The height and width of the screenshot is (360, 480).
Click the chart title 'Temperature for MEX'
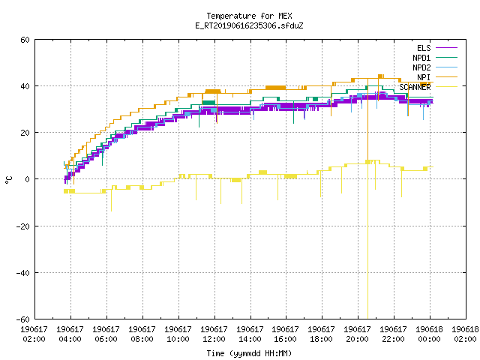pyautogui.click(x=249, y=16)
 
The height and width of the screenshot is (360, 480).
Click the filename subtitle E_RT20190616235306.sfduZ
pyautogui.click(x=249, y=25)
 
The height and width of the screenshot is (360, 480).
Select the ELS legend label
pyautogui.click(x=424, y=48)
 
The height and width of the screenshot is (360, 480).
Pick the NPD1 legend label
pyautogui.click(x=421, y=58)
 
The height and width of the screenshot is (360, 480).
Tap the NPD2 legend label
pyautogui.click(x=421, y=67)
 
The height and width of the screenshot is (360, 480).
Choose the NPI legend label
pyautogui.click(x=424, y=77)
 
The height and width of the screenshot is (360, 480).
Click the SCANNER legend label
pyautogui.click(x=415, y=87)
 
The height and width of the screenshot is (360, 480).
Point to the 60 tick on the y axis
pyautogui.click(x=25, y=40)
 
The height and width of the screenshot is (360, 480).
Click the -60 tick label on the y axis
pyautogui.click(x=23, y=319)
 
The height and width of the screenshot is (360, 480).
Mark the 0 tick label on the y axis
pyautogui.click(x=28, y=179)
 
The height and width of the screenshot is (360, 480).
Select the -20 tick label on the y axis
pyautogui.click(x=23, y=226)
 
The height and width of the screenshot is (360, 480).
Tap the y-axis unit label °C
pyautogui.click(x=9, y=180)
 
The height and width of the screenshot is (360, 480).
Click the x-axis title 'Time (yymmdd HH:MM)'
pyautogui.click(x=249, y=353)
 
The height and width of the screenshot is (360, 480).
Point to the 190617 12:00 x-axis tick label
pyautogui.click(x=214, y=334)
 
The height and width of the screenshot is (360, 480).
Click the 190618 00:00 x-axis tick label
pyautogui.click(x=429, y=334)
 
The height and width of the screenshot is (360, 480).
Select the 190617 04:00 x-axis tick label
pyautogui.click(x=70, y=334)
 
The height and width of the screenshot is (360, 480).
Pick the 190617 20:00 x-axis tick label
pyautogui.click(x=357, y=334)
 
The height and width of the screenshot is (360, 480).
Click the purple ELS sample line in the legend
pyautogui.click(x=446, y=48)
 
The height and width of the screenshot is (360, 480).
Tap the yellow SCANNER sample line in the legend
pyautogui.click(x=446, y=87)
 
